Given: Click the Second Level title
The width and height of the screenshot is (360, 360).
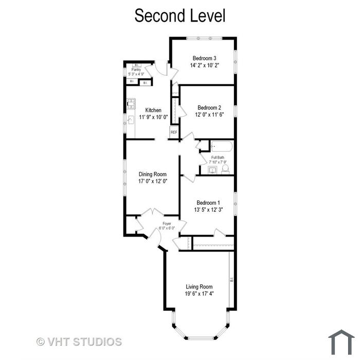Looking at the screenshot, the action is click(x=180, y=15).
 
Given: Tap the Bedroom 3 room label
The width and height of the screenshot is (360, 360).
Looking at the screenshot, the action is click(x=204, y=58).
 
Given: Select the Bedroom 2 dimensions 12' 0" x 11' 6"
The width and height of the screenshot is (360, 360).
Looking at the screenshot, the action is click(x=209, y=115).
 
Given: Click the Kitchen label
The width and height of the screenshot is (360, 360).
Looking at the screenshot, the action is click(x=153, y=110).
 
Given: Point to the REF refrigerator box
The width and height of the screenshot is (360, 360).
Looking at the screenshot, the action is click(x=174, y=132).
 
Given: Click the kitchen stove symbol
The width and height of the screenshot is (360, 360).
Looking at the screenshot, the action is click(x=131, y=103).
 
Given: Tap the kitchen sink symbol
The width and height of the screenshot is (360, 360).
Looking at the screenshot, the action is click(x=131, y=120).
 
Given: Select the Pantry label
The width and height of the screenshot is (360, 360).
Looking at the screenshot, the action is click(x=136, y=69).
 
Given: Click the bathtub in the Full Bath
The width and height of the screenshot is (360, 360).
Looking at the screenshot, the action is click(x=222, y=146).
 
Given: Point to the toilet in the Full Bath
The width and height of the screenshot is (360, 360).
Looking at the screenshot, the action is click(x=225, y=169).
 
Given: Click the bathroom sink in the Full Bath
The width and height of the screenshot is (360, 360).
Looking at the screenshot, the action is click(x=212, y=170).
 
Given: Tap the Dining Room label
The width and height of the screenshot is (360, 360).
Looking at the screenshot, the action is click(x=152, y=174).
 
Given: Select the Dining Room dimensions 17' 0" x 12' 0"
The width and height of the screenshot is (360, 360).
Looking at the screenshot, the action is click(x=153, y=181).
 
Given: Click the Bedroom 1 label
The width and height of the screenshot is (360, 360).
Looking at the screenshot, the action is click(x=208, y=203).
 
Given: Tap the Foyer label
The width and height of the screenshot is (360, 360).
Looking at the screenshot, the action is click(x=167, y=223).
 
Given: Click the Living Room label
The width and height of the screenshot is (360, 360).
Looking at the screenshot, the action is click(x=199, y=286).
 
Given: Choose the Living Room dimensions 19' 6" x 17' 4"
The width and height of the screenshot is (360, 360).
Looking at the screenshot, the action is click(x=200, y=294).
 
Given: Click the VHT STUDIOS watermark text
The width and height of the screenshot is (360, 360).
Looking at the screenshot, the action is click(x=79, y=341).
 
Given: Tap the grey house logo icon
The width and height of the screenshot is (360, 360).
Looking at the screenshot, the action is click(x=341, y=342).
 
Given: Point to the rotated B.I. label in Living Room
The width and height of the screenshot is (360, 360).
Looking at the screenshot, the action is click(x=231, y=280).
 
